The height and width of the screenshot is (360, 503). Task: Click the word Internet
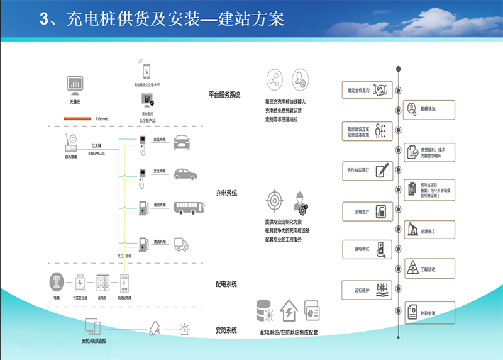pos(102,119)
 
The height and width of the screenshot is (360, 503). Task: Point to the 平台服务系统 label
pos(225,95)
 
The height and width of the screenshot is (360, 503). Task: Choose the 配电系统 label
pos(226,284)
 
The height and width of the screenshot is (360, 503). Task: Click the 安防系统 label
pos(226,330)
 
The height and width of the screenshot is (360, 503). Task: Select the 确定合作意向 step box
pos(367,90)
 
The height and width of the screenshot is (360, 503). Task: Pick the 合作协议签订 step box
pos(367,171)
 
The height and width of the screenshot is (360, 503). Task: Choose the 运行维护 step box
pos(367,290)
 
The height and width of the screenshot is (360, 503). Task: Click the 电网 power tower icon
pos(57,281)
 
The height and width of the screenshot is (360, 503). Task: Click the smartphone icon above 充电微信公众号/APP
pos(146,70)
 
